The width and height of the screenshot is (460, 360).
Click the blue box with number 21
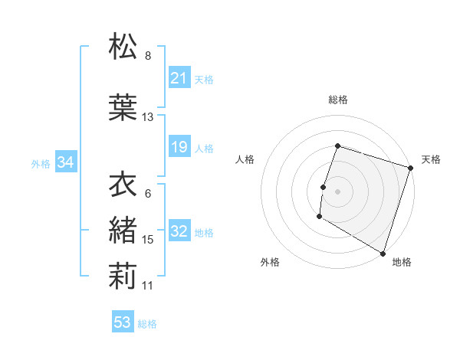[x=179, y=77]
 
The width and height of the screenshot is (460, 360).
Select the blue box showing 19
[x=179, y=147]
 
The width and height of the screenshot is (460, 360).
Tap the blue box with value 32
[x=179, y=232]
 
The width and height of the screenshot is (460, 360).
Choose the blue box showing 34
[x=65, y=162]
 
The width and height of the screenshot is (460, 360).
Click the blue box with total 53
[x=123, y=322]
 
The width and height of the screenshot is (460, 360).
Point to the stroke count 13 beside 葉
[x=148, y=117]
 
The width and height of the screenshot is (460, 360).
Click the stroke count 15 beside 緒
[x=148, y=240]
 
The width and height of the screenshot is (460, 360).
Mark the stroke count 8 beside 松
[x=148, y=56]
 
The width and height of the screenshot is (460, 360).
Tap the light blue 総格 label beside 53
[x=147, y=324]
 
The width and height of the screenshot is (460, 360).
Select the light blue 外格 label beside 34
[x=41, y=163]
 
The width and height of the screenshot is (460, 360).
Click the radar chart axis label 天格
[x=431, y=159]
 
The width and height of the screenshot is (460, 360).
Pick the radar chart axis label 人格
[x=245, y=159]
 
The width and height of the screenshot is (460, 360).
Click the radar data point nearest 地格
[x=382, y=253]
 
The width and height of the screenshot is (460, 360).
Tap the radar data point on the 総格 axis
[x=337, y=146]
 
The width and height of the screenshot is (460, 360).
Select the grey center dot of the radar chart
[x=337, y=191]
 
